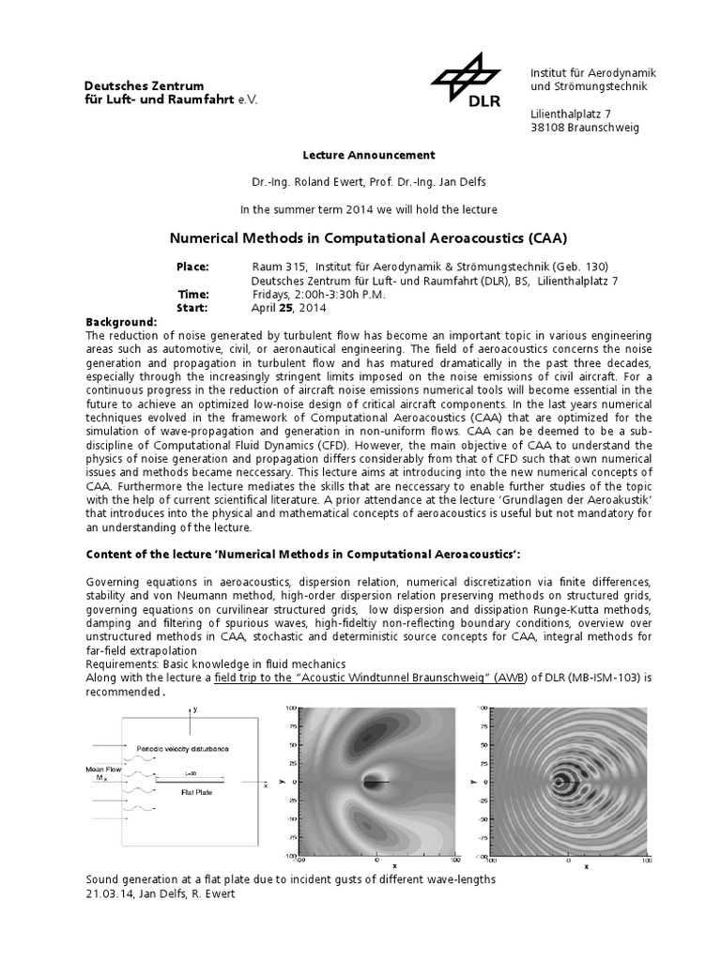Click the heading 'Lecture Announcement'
(355, 155)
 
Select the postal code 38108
(550, 128)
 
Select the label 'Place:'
(193, 267)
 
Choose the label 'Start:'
(192, 308)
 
